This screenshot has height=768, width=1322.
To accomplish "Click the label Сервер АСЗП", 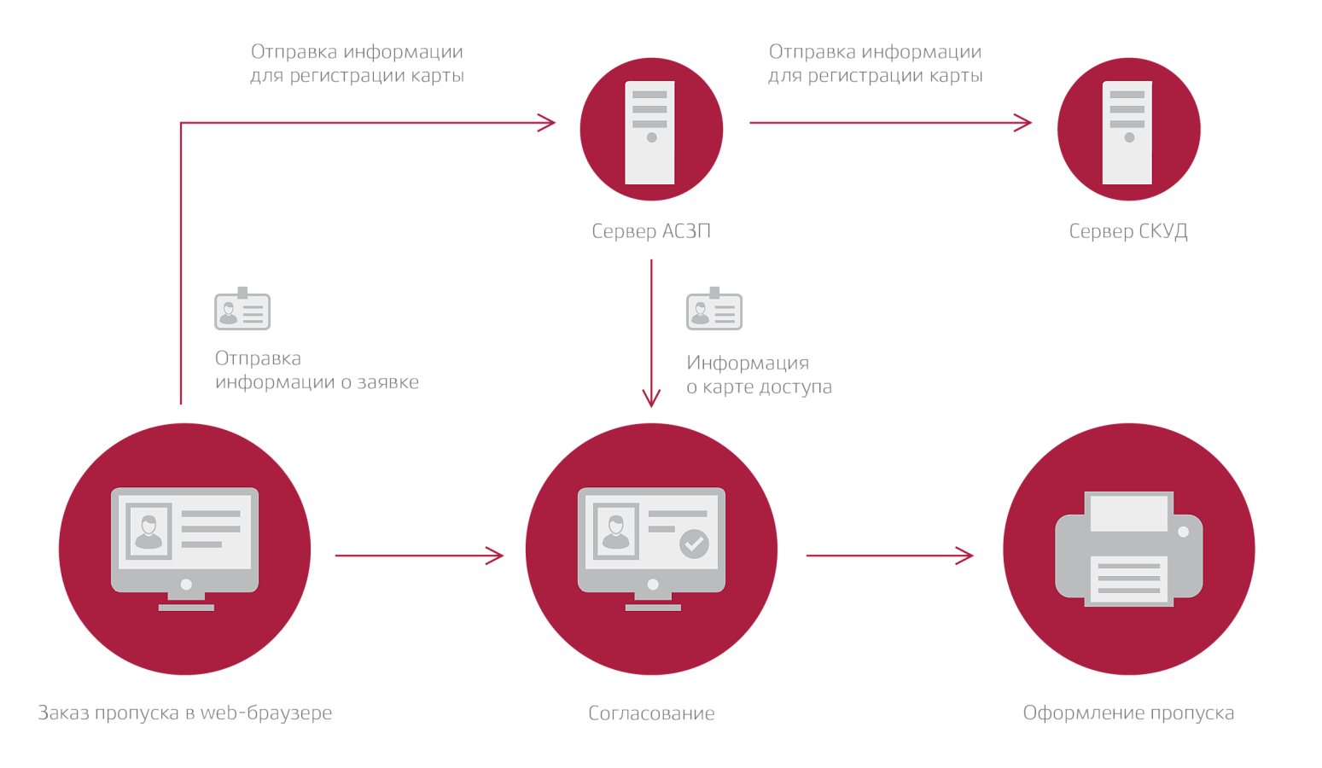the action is coord(651,230).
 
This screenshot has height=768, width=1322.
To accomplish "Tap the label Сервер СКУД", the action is coord(1128,230).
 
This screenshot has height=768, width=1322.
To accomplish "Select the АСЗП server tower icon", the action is coord(649,132).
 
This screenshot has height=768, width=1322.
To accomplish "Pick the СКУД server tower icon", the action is coord(1127,132).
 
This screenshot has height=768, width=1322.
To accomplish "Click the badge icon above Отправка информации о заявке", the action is coord(242,309).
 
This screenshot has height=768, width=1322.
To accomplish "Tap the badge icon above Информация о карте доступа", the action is coord(714,309).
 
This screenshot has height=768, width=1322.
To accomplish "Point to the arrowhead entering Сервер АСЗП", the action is coord(547,123).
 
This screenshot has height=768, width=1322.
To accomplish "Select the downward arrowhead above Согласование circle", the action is coord(651,399).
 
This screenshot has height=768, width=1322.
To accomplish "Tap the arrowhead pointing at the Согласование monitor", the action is coord(494,556).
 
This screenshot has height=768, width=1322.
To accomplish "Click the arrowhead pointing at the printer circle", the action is coord(964,556).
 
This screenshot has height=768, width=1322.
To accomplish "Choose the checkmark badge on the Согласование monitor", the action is coord(694,544).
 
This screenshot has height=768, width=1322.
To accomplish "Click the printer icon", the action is coord(1129,549).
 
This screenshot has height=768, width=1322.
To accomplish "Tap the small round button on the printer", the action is coord(1183,532).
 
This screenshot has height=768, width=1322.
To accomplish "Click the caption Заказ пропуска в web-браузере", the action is coord(184,713).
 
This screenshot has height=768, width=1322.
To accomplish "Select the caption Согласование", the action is coord(651,713).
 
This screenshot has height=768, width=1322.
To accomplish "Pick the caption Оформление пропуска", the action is coord(1128,713).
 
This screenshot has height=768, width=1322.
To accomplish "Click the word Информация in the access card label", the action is coord(748,363).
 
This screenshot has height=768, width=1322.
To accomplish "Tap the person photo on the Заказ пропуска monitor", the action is coord(149,532).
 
